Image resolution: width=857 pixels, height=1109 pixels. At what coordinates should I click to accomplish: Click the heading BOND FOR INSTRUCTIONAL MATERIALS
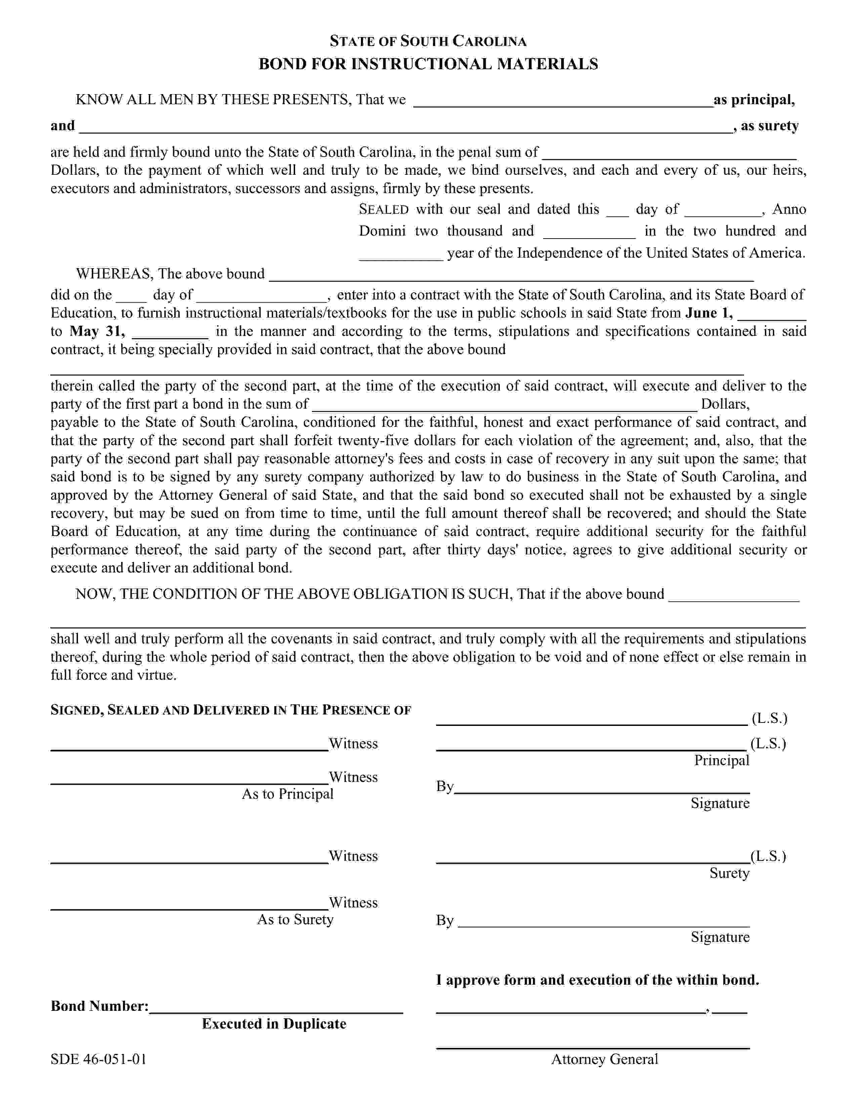point(428,64)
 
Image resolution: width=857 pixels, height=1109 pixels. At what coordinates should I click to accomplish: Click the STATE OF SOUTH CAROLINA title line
point(428,41)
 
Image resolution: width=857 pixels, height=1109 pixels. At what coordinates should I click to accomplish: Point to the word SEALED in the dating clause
point(383,209)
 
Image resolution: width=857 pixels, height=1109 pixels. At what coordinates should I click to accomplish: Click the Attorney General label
point(604,1059)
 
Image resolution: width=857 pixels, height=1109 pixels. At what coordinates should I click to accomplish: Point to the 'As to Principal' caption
point(287,794)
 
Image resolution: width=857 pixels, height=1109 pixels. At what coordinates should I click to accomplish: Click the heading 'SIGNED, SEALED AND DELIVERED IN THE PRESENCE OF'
point(231,710)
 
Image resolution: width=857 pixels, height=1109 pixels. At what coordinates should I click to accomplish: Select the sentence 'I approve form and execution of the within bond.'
point(597,980)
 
